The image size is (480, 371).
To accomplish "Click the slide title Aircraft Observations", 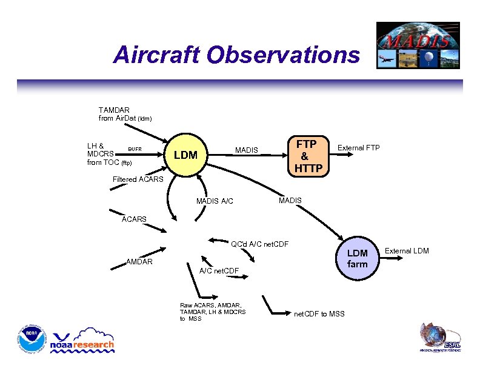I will [x=236, y=55].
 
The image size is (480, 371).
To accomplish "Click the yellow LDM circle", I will [x=185, y=155].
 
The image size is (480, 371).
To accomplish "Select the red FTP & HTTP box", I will [x=308, y=156].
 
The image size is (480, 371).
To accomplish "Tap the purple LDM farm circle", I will [x=357, y=258].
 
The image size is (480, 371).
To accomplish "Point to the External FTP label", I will [x=359, y=148].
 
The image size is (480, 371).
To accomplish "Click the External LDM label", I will [x=407, y=250].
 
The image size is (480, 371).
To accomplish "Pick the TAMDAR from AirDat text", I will [x=125, y=114].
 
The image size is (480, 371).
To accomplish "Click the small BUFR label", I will [x=135, y=149].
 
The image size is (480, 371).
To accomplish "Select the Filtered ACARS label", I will [x=138, y=179].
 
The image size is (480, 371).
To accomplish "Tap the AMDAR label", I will [x=139, y=262].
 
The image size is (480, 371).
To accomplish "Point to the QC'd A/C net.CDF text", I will [x=259, y=244].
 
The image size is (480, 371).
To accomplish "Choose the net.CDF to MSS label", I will [x=319, y=313].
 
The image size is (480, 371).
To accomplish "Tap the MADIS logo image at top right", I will [x=418, y=45].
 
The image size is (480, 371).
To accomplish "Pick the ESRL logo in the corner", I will [x=441, y=338].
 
